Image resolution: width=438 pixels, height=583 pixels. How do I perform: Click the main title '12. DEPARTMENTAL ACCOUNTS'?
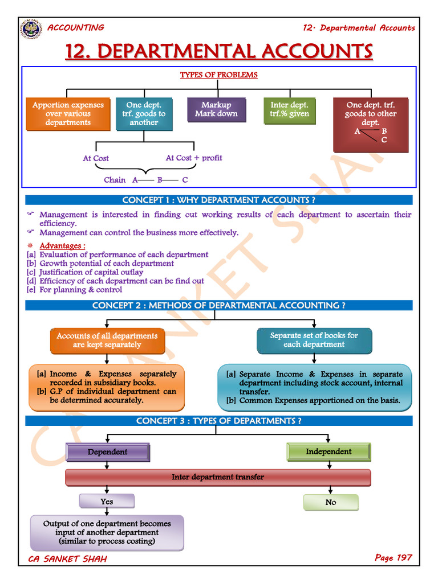(219, 51)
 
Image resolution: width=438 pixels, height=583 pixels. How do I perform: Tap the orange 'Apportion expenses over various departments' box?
(68, 114)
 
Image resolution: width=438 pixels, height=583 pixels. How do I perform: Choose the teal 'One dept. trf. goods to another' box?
(144, 114)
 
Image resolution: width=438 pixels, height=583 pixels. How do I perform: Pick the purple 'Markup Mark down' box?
(217, 109)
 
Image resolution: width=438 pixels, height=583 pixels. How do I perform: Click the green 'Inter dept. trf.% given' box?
(289, 110)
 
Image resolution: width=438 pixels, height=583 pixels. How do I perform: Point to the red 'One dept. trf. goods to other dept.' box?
(370, 124)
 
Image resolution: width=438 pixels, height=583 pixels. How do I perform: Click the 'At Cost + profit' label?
(194, 158)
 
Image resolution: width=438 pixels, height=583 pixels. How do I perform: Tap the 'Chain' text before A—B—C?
(115, 180)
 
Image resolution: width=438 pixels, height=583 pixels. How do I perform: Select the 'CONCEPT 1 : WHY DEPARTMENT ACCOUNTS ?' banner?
(219, 200)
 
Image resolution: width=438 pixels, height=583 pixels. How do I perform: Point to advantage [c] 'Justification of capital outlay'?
(91, 272)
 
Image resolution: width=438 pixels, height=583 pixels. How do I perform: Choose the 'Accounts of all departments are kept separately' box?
(107, 340)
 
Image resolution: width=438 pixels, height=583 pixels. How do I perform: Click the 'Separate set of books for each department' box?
(314, 340)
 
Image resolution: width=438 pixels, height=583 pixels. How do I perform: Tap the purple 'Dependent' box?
(107, 452)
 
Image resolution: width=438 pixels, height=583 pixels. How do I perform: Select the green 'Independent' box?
(328, 451)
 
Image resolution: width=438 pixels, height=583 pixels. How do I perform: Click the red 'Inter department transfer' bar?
(218, 477)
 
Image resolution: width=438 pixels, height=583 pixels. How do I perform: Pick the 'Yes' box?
(107, 502)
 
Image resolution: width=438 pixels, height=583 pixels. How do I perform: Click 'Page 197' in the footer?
(393, 557)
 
